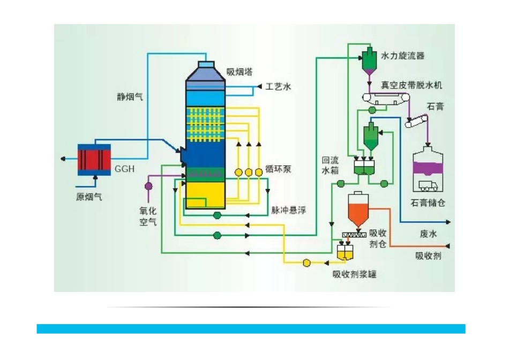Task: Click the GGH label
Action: coord(124,169)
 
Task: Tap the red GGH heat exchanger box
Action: coord(94,160)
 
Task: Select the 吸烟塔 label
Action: coord(239,72)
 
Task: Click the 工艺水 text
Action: coord(278,87)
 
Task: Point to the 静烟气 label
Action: coord(130,97)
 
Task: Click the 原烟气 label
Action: coord(88,197)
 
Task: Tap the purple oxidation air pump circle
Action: coord(148,186)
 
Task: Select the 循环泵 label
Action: coord(278,169)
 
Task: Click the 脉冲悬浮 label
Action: coord(289,211)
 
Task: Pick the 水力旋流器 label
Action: coord(402,56)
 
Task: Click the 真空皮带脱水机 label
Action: coord(411,85)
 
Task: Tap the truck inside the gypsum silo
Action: coord(428,186)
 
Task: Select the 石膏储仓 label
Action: coord(428,203)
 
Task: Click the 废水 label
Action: coord(428,234)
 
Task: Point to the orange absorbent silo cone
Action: coord(358,215)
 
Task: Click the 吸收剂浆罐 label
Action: coord(355,274)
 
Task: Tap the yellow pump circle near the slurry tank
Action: coord(306,262)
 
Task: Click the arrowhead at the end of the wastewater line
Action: coord(448,222)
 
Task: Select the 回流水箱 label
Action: coord(330,165)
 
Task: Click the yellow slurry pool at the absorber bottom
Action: coord(206,195)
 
